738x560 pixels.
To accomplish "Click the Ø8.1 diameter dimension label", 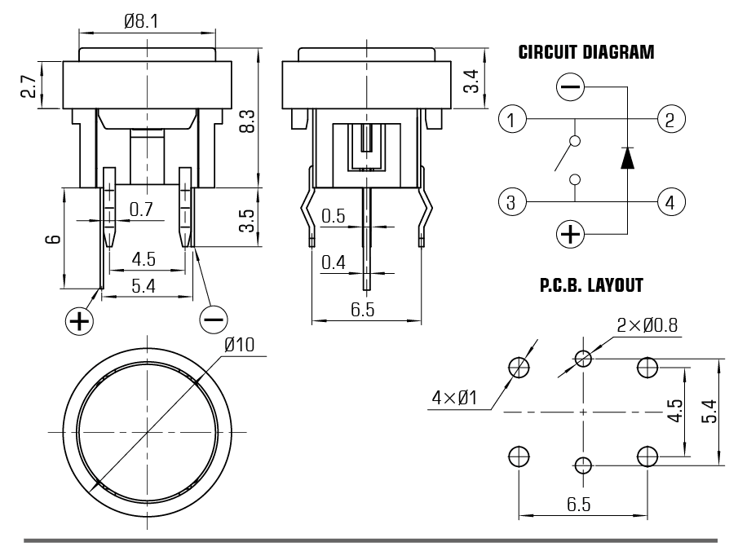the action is coord(141,21).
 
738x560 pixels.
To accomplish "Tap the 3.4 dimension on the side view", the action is coord(471,81).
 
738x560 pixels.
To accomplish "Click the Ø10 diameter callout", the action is coord(239,345).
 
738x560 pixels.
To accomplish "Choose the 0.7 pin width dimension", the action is coord(141,209).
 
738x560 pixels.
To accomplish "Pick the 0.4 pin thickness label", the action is coord(334,262).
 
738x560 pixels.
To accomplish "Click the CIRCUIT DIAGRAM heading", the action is coord(586,52).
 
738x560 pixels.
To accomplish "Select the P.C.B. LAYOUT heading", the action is coord(591,285).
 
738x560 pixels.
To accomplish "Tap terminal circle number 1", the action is coord(511,118).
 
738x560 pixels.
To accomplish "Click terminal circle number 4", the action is coord(670,202).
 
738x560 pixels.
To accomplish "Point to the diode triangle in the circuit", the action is coord(627,157).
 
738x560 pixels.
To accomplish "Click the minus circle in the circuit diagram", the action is coord(571,86).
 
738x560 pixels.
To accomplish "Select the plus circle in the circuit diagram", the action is coord(571,233).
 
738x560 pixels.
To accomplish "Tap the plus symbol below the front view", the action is coord(79,321).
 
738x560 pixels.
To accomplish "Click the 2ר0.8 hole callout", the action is coord(647,324).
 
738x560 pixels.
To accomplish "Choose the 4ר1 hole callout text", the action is coord(455,398).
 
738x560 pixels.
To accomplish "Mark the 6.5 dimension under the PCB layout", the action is coord(578,505).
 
